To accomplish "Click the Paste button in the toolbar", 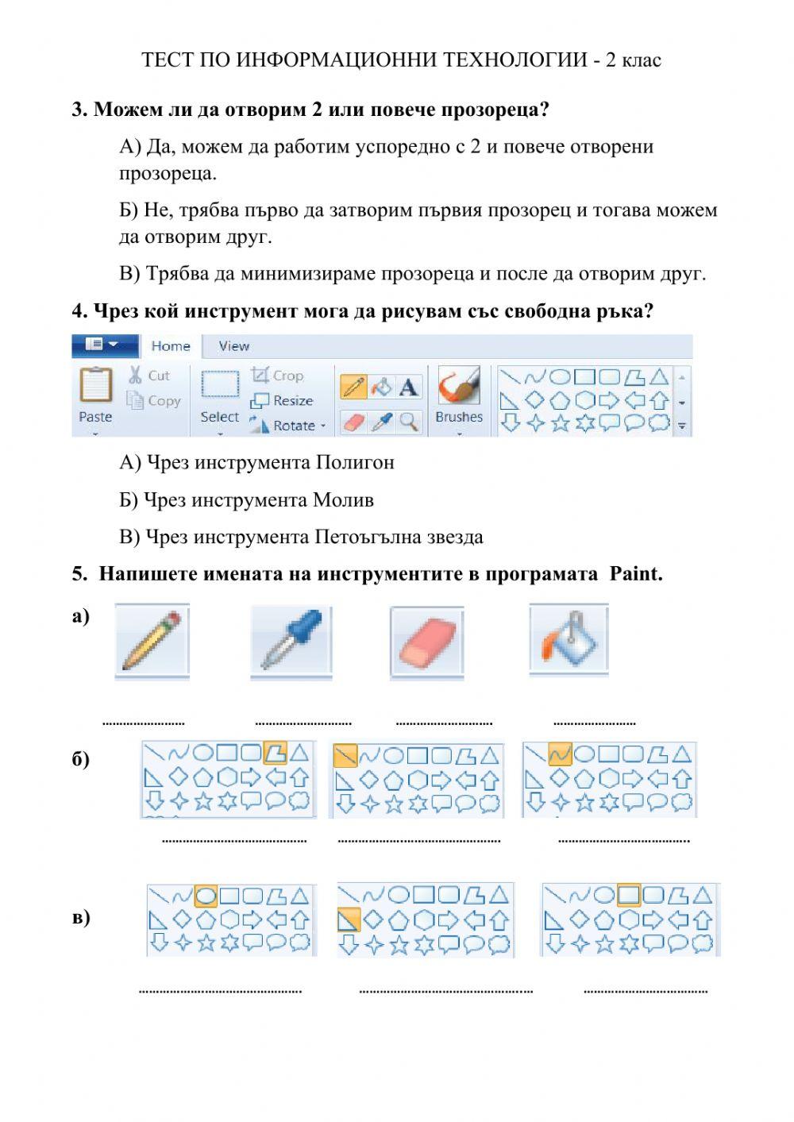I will tap(95, 395).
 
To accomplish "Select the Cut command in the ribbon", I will tap(149, 376).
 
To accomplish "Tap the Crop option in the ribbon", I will tap(278, 376).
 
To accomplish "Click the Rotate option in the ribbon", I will tap(287, 426).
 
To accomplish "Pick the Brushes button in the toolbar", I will tap(459, 395).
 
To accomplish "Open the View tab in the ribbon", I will tap(233, 346).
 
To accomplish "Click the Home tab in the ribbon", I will tap(171, 346).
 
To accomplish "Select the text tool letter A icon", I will tap(408, 387).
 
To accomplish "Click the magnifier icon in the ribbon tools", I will tap(408, 422).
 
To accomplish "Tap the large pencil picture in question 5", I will tap(152, 641).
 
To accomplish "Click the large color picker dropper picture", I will tap(291, 641).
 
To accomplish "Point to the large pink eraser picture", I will tap(427, 641).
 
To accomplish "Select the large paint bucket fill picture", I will tap(569, 639).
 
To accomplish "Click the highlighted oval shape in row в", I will tap(206, 896).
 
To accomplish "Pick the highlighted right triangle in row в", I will tap(349, 920).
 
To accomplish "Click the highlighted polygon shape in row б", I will tap(275, 751).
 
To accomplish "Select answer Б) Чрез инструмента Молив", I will tap(246, 500).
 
